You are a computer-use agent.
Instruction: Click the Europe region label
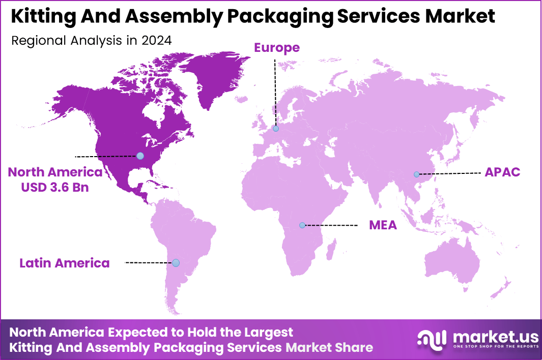[277, 48]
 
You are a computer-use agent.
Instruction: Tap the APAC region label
[502, 172]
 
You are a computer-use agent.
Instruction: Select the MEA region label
[383, 225]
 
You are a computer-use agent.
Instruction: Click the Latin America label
[65, 263]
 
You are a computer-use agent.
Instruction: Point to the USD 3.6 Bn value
[55, 187]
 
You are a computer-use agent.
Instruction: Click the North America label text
[55, 172]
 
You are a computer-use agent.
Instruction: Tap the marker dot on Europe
[275, 129]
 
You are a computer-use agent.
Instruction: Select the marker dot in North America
[140, 156]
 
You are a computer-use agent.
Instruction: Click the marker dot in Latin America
[176, 263]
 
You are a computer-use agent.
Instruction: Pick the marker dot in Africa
[302, 225]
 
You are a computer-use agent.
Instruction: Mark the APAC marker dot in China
[416, 174]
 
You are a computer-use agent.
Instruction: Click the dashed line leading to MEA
[331, 225]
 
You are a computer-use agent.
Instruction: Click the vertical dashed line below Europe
[275, 92]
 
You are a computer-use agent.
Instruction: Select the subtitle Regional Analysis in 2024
[91, 41]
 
